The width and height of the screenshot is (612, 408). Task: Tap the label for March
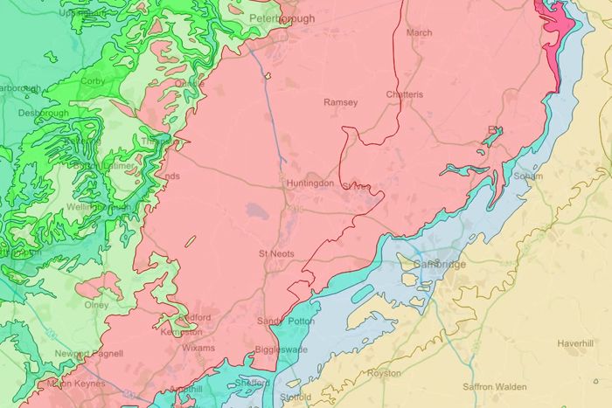pyautogui.click(x=419, y=33)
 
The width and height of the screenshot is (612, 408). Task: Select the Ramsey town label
pyautogui.click(x=341, y=102)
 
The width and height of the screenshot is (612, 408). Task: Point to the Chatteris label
pyautogui.click(x=405, y=94)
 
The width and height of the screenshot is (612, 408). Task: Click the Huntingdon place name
pyautogui.click(x=310, y=183)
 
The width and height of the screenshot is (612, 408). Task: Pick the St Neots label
pyautogui.click(x=276, y=253)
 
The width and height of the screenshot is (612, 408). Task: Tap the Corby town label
pyautogui.click(x=93, y=81)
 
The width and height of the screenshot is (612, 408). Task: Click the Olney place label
pyautogui.click(x=96, y=305)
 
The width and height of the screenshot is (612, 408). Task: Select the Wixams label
pyautogui.click(x=198, y=347)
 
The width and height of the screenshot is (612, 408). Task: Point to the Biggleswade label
pyautogui.click(x=281, y=349)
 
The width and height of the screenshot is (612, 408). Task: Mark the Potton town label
pyautogui.click(x=301, y=322)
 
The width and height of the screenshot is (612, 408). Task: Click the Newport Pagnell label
pyautogui.click(x=80, y=354)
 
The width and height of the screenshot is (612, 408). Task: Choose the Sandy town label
pyautogui.click(x=270, y=322)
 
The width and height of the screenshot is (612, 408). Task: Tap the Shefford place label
pyautogui.click(x=249, y=382)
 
